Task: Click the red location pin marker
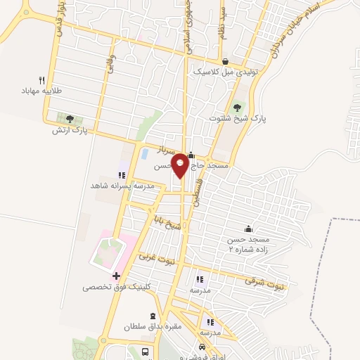(181, 164)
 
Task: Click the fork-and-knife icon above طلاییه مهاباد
(42, 79)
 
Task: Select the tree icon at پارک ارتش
(69, 118)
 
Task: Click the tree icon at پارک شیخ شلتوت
(237, 107)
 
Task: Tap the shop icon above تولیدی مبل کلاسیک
(225, 62)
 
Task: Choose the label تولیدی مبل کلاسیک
(226, 72)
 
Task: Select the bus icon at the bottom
(145, 351)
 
